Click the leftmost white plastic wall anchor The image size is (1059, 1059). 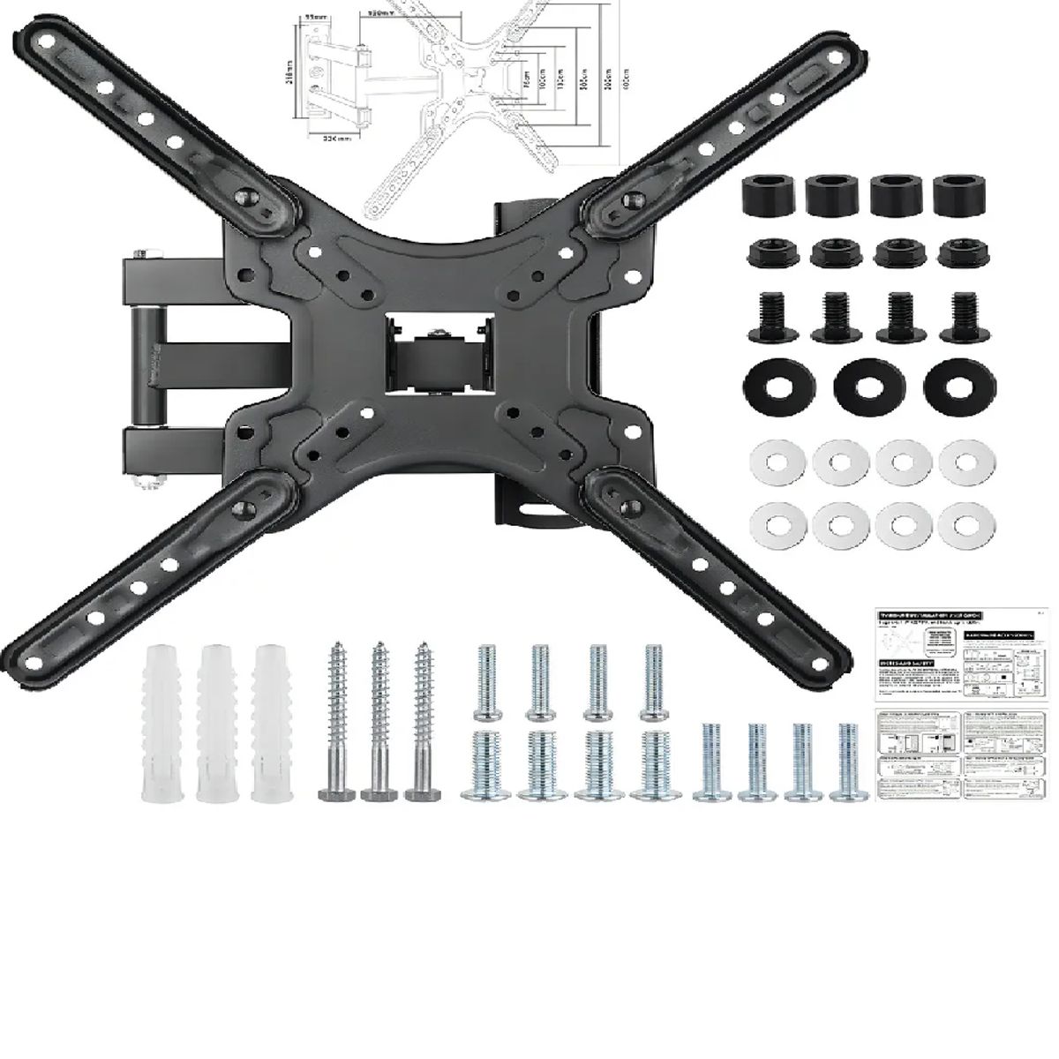pos(158,725)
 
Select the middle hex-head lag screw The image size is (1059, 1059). pos(378,719)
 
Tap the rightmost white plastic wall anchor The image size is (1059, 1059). pos(270,725)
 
